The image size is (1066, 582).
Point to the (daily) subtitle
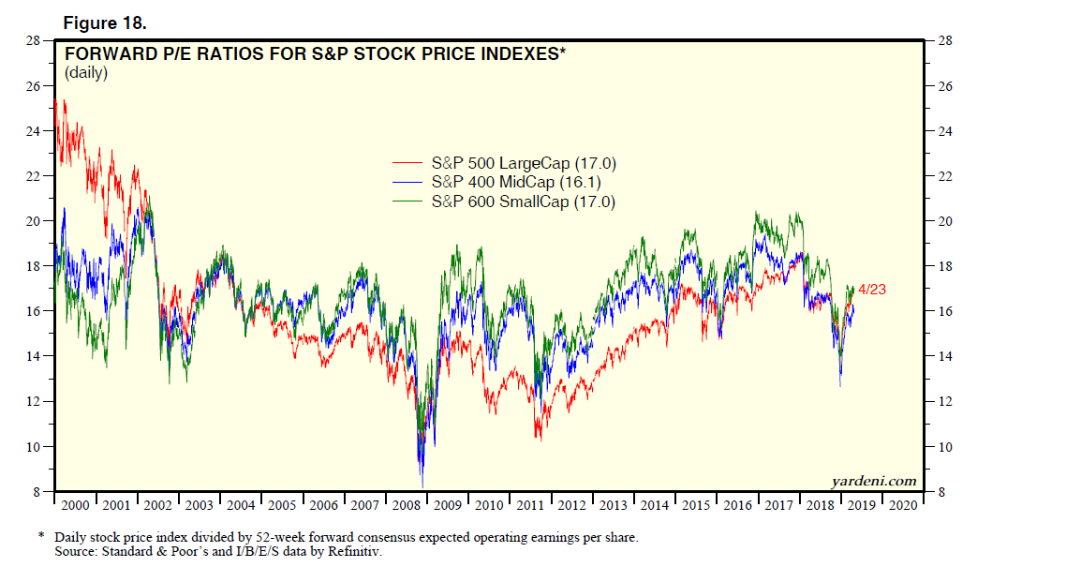click(86, 73)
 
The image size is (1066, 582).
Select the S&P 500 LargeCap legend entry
click(523, 163)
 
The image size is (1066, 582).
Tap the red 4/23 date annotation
click(871, 290)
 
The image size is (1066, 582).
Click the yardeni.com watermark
click(873, 481)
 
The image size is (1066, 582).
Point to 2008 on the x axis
click(407, 505)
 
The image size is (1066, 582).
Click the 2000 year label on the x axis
click(75, 505)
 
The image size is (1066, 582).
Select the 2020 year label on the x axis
click(903, 505)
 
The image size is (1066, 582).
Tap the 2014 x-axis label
click(655, 505)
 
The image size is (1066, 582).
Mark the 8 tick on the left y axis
click(36, 492)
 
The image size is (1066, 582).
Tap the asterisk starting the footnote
click(41, 537)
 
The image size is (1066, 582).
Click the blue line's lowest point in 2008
click(422, 485)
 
